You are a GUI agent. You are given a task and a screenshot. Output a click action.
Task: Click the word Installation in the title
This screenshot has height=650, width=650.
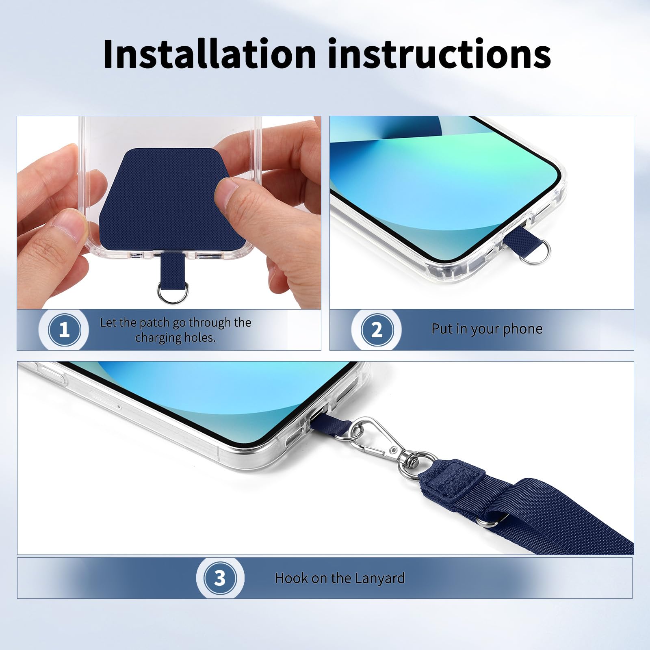(210, 54)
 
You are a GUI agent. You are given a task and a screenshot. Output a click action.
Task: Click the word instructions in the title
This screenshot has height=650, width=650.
(439, 54)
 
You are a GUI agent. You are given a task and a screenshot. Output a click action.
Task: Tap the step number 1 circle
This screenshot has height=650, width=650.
(64, 329)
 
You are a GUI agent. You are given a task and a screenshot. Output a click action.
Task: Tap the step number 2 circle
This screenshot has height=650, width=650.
(377, 329)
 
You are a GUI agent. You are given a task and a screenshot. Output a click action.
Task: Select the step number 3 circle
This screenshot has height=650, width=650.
(220, 578)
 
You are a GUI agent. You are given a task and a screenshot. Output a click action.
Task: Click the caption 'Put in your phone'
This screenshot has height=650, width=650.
(487, 329)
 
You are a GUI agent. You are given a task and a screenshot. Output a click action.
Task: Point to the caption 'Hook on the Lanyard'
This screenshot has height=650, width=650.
(340, 578)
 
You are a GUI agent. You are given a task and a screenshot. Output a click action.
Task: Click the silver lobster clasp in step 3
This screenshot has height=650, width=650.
(368, 438)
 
